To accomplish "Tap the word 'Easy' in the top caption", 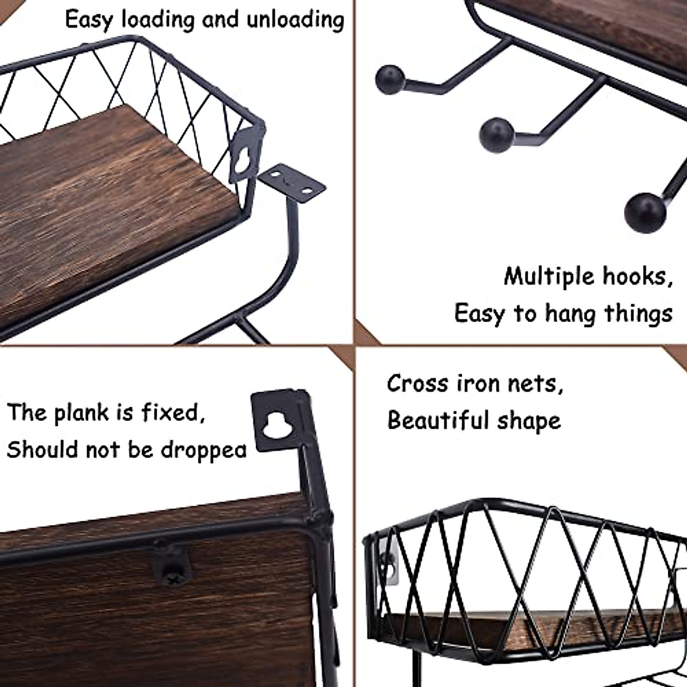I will coord(86,21).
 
